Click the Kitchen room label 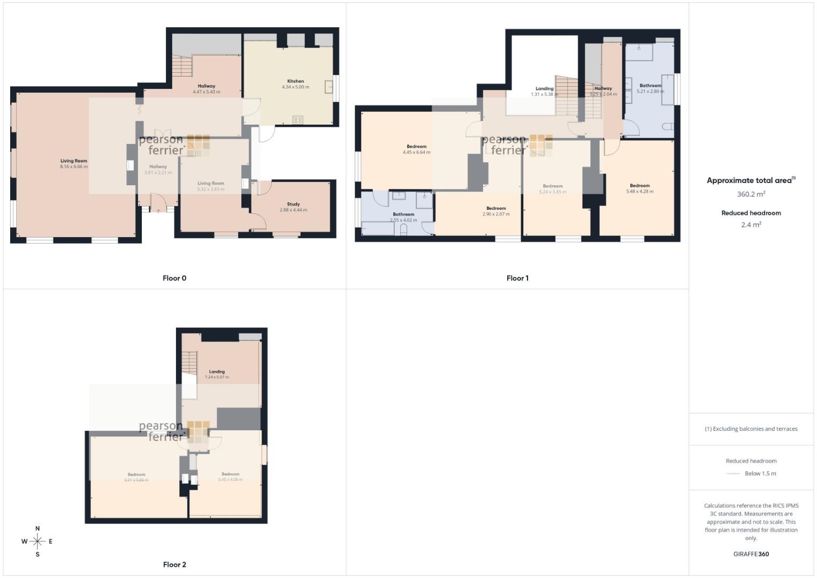[x=295, y=81]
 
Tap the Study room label [x=293, y=204]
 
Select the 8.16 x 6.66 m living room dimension [x=74, y=167]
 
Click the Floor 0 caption [x=174, y=278]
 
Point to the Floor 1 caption [x=517, y=278]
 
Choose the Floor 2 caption [x=174, y=565]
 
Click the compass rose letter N [x=37, y=529]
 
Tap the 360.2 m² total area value [x=751, y=194]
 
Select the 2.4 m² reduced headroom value [x=751, y=225]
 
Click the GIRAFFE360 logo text [x=751, y=554]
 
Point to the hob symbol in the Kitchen [x=298, y=120]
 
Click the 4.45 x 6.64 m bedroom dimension [x=416, y=153]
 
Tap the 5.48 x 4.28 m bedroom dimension [x=639, y=192]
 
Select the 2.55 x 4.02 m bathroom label [x=403, y=220]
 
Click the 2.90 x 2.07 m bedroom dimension [x=496, y=214]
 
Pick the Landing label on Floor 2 [x=217, y=371]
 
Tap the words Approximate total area [x=749, y=181]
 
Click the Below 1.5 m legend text [x=760, y=474]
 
